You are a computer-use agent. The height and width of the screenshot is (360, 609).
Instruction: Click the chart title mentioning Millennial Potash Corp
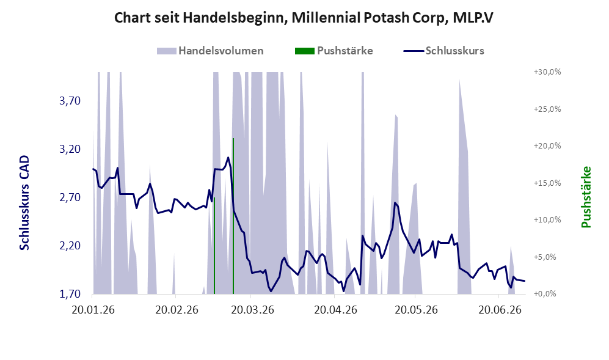point(304,18)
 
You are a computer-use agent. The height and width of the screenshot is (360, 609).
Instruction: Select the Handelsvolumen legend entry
point(210,51)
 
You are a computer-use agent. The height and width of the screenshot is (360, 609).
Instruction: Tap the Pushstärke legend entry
point(334,51)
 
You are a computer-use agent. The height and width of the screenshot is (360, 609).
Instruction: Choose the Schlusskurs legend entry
point(444,51)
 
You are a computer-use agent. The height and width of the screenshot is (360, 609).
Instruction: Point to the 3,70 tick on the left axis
point(70,101)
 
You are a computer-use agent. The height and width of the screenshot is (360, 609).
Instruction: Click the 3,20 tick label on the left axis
point(70,149)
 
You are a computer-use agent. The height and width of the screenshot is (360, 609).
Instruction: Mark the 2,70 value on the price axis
point(70,197)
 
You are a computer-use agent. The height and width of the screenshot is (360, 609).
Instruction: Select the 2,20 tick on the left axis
point(70,246)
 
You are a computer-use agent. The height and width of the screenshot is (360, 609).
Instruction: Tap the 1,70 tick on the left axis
point(70,294)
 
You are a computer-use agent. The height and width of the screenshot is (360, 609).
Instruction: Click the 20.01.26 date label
point(93,310)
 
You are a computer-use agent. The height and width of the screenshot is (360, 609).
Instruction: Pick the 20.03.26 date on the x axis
point(252,310)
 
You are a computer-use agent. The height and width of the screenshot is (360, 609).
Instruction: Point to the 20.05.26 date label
point(417,310)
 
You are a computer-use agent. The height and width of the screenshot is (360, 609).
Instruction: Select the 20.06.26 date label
point(500,310)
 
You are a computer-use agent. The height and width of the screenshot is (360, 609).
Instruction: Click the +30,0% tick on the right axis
point(547,72)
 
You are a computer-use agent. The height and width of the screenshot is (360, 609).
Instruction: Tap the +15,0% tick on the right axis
point(547,183)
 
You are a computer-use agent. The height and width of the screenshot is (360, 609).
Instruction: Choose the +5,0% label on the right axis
point(549,257)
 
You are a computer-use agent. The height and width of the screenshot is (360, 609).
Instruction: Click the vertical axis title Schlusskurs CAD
point(24,202)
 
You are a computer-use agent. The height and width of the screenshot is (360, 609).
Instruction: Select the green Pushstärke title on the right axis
point(586,197)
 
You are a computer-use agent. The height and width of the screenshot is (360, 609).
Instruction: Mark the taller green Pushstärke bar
point(233,216)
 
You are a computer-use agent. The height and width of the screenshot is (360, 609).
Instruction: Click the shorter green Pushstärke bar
point(214,246)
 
